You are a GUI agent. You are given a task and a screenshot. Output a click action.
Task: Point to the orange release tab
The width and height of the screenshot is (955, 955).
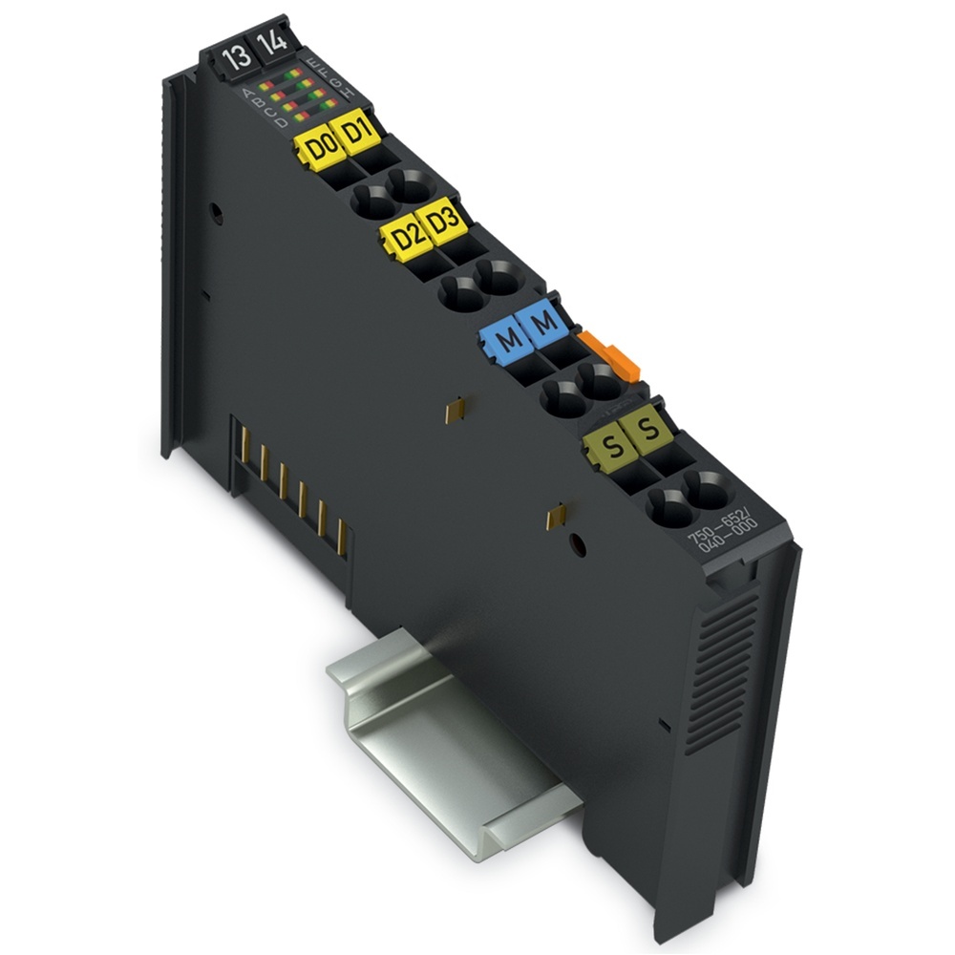pyautogui.click(x=611, y=355)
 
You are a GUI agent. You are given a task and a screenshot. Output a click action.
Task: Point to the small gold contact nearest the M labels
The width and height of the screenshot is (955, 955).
pyautogui.click(x=456, y=410)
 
